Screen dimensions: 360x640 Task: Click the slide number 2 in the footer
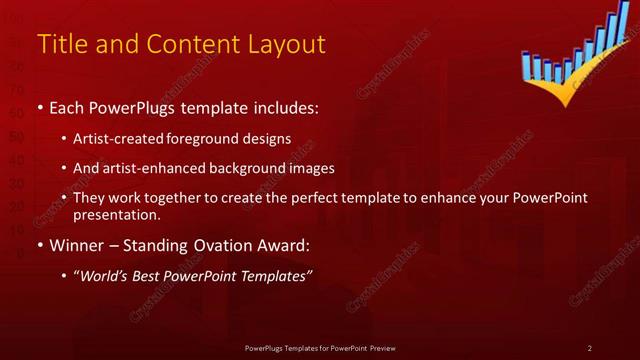tap(590, 347)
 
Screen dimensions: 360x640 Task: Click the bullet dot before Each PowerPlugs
tap(39, 107)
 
